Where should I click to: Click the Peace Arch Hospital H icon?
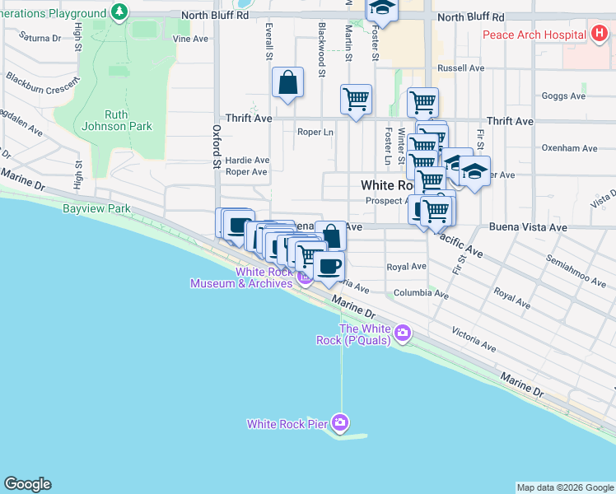[600, 34]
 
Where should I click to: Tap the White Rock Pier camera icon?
[340, 423]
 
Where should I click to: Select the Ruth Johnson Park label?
[117, 120]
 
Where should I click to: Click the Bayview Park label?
[96, 209]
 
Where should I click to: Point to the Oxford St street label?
[217, 147]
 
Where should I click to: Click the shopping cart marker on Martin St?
[356, 100]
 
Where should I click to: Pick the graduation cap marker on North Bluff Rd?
[382, 8]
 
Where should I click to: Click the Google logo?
[27, 484]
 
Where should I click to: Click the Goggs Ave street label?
[563, 96]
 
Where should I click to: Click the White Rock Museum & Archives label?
[240, 278]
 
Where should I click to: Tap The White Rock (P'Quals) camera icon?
[403, 333]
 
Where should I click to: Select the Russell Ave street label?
[460, 68]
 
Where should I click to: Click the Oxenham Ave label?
[569, 148]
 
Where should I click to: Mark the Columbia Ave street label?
[420, 293]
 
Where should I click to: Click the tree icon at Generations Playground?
[120, 12]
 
